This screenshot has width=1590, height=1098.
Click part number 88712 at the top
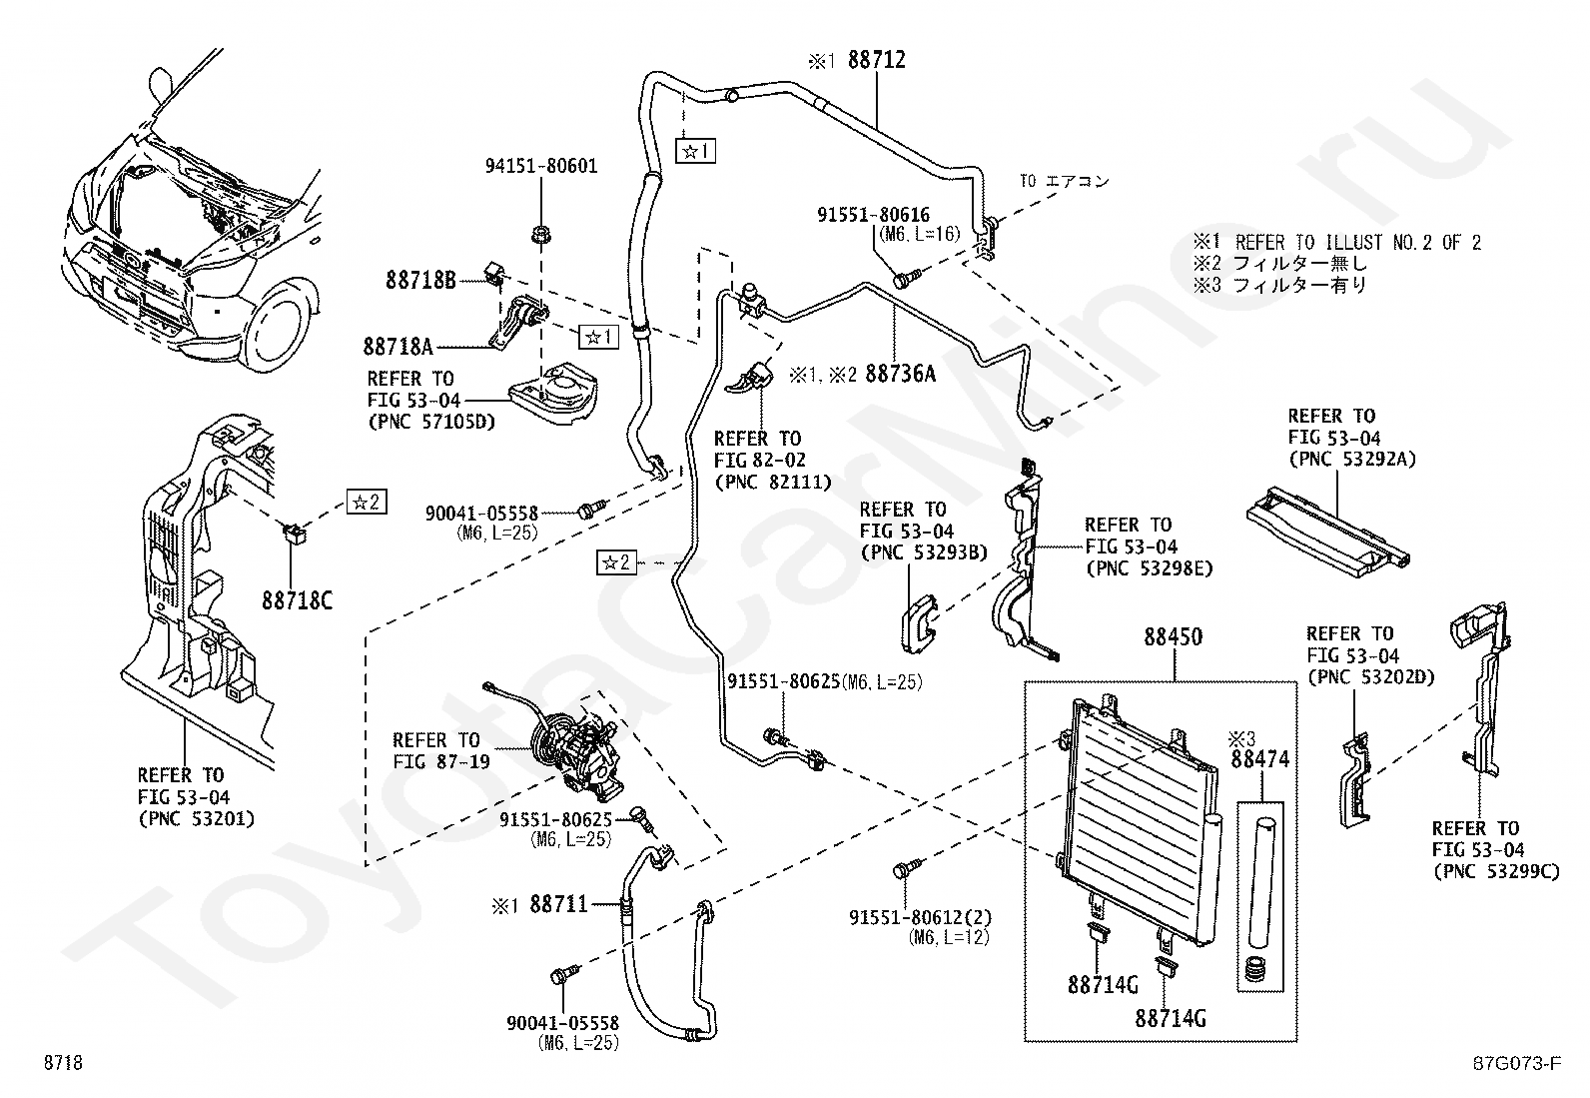[x=877, y=60]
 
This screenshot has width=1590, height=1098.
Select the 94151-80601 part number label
[x=541, y=166]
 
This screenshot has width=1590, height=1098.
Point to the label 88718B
[x=420, y=281]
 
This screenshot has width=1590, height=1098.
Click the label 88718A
[x=398, y=347]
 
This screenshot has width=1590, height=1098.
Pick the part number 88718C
[x=298, y=600]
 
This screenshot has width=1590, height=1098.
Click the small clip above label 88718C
[x=294, y=532]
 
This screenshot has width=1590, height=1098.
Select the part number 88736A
[x=901, y=374]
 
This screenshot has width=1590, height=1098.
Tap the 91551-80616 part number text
[x=874, y=215]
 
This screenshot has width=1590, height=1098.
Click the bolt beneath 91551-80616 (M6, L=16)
[x=906, y=278]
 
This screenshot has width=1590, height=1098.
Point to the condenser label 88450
[x=1174, y=637]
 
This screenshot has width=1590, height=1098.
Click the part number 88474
[x=1260, y=759]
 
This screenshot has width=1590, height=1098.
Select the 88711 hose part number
[x=559, y=904]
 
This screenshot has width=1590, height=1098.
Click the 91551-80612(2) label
[x=921, y=917]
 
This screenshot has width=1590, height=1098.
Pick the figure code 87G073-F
[x=1517, y=1062]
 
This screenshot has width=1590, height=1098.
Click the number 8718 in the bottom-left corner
[x=63, y=1062]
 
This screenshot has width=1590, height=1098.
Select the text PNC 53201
[x=196, y=819]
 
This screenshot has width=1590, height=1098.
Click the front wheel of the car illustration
[x=279, y=328]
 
